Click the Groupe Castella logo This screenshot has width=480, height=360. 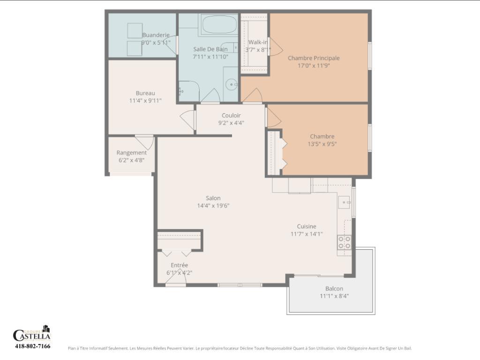(x=32, y=333)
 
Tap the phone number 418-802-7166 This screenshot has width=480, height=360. (x=32, y=346)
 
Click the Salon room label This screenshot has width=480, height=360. (x=213, y=198)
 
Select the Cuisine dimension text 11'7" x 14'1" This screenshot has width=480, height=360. (x=307, y=234)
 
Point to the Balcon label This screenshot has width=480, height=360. (x=334, y=288)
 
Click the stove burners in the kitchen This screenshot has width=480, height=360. (x=345, y=242)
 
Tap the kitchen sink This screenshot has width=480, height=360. (x=345, y=202)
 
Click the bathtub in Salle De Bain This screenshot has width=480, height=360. (x=219, y=25)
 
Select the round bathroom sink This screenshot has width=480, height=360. (x=231, y=85)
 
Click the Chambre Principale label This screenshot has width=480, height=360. (x=314, y=58)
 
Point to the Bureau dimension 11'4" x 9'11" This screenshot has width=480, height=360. (x=145, y=100)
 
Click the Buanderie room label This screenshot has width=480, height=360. (x=156, y=35)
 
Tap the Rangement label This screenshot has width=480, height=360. (x=131, y=152)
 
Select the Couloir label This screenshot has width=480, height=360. (x=231, y=115)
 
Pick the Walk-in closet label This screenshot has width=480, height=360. (x=257, y=42)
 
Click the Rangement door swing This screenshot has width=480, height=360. (x=145, y=142)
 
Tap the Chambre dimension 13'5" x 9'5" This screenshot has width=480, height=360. (x=322, y=144)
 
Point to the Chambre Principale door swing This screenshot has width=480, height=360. (x=253, y=96)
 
